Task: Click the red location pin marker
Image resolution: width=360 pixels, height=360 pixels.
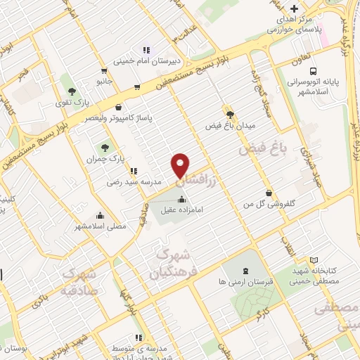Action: click(181, 165)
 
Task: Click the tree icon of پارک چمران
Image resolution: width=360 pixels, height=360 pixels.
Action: click(104, 148)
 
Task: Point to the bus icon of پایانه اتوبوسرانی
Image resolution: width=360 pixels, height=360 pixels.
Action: click(312, 71)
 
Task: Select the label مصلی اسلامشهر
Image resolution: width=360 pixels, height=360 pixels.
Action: click(101, 227)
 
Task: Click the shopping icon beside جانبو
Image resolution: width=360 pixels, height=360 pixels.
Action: click(103, 70)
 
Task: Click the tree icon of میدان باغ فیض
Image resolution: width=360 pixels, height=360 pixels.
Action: click(229, 112)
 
